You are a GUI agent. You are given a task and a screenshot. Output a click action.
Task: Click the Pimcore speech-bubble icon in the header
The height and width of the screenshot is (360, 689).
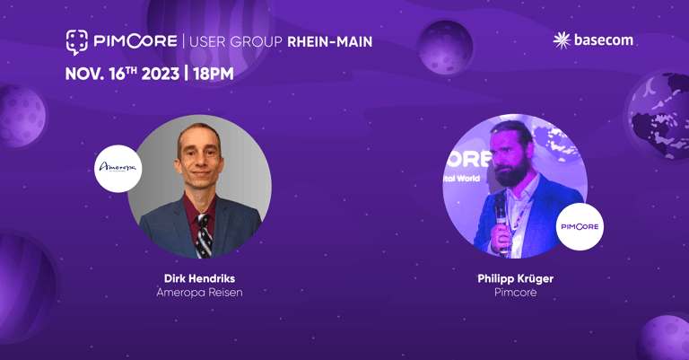coord(77,42)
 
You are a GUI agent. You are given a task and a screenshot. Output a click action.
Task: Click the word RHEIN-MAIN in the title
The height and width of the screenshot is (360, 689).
coord(329,42)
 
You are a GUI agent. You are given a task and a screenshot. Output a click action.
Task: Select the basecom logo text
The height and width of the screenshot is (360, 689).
coord(603,40)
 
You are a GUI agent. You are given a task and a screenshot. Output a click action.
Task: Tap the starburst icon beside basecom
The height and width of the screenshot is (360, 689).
coord(562,40)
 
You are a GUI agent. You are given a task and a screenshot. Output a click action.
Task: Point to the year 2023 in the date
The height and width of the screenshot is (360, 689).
coord(161,74)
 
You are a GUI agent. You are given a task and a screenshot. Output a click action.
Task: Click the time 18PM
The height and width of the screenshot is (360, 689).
coord(214,74)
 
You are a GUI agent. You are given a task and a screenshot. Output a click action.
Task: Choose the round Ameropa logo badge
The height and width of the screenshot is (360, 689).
coord(118,169)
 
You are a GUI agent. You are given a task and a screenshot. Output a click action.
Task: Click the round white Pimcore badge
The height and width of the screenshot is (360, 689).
coord(580,227)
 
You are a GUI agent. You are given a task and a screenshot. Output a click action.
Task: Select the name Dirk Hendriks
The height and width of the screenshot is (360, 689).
coord(199,278)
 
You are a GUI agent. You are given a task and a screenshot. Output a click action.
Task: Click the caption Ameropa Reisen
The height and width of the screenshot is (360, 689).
coord(199,293)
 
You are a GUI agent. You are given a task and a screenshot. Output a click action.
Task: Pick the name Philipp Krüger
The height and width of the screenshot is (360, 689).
coord(516,278)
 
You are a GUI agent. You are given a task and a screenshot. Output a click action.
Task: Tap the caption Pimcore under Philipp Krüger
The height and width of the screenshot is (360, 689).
coord(516,293)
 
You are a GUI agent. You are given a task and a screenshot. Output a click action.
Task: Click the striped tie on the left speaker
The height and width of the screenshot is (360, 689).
coord(204,236)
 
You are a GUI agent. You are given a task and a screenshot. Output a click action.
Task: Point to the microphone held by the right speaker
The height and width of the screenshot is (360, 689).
coord(501,220)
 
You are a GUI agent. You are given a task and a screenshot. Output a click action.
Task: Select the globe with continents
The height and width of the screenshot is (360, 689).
coord(658,116)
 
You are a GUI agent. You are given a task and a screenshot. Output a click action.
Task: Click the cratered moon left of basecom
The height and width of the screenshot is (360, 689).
coord(445,48)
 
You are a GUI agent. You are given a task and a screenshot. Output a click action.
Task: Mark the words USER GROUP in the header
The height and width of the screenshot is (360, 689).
coord(236,42)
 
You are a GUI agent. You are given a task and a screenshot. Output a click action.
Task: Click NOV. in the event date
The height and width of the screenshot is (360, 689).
coord(85,74)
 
